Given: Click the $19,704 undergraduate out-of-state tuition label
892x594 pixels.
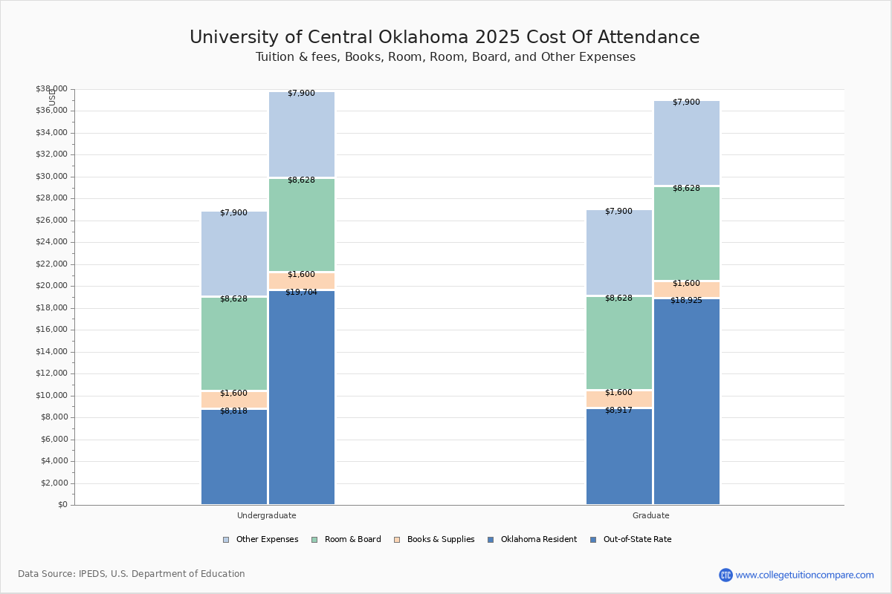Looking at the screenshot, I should [301, 293].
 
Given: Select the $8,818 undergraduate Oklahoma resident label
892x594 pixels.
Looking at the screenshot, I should [233, 411].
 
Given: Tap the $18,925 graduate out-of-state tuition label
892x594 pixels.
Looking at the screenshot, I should [686, 301].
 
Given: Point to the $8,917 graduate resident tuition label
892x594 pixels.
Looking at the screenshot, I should [618, 410].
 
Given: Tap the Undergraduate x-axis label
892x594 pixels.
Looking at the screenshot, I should [267, 515].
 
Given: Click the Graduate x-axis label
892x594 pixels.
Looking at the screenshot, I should [651, 515].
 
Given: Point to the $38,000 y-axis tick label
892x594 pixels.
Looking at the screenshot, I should [51, 89].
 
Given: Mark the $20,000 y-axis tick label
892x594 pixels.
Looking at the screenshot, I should [51, 286].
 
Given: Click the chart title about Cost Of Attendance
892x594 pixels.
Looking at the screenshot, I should [445, 37].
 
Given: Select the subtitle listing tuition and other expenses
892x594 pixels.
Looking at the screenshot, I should [445, 57].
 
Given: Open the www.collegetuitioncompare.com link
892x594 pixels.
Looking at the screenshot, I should [804, 575].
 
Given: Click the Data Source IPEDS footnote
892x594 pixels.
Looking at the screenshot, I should [132, 574].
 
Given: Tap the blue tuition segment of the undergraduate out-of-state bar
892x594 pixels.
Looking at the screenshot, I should [302, 401].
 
